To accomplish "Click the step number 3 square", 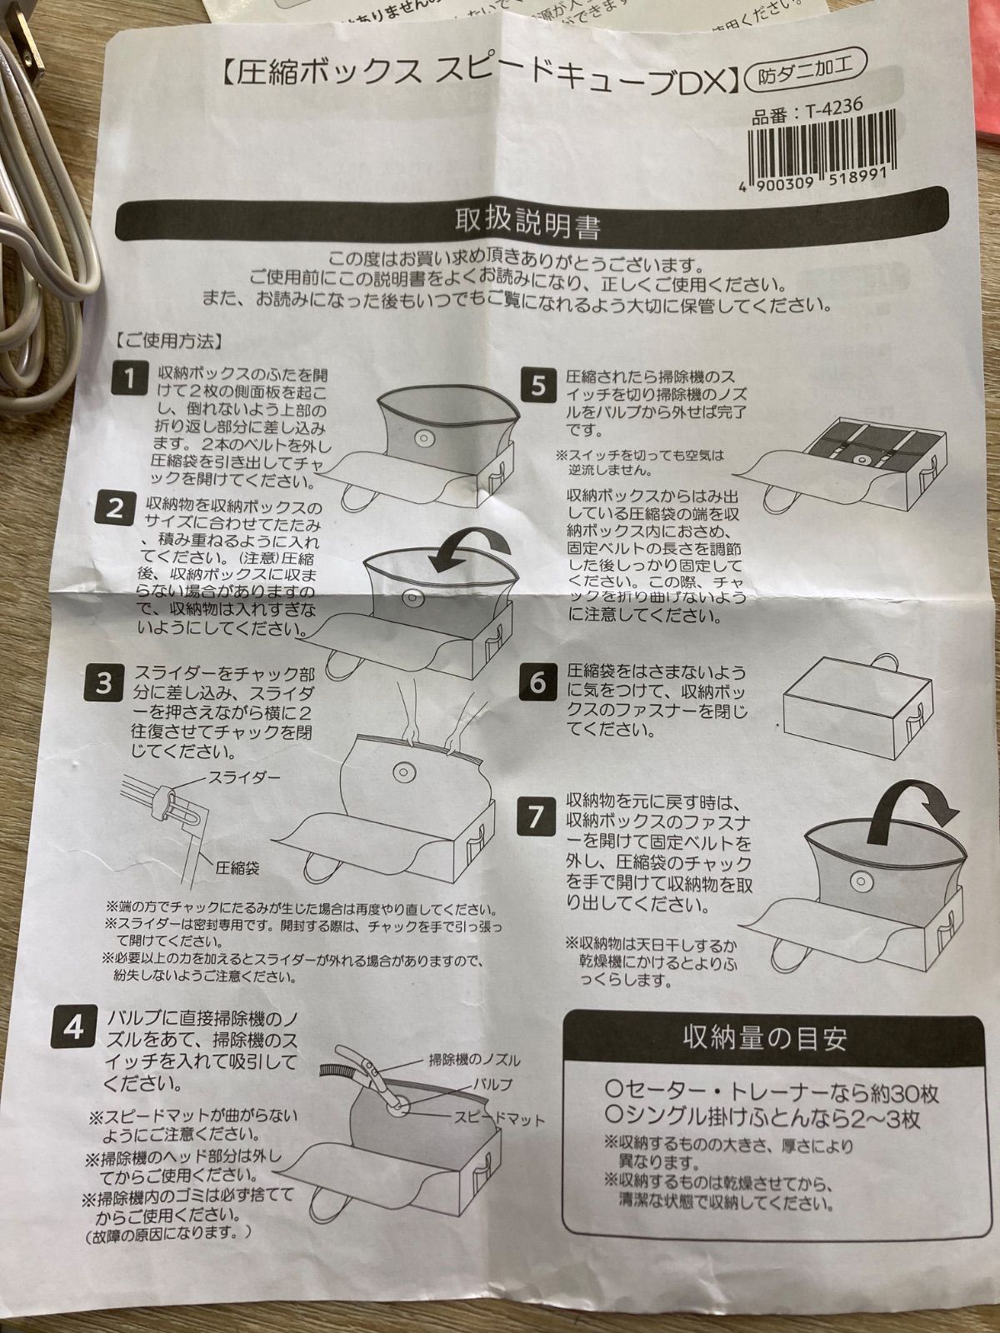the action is pyautogui.click(x=103, y=682).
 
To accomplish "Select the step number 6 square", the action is pyautogui.click(x=537, y=682).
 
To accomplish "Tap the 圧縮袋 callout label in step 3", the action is pyautogui.click(x=237, y=867).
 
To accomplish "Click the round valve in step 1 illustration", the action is pyautogui.click(x=422, y=437).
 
